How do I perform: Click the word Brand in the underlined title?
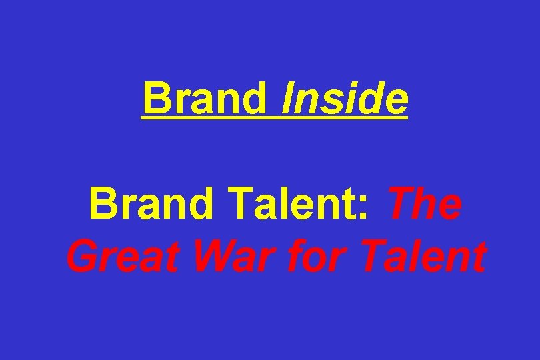click(204, 98)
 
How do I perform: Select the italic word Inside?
click(344, 98)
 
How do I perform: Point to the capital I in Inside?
click(287, 98)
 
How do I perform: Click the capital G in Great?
click(81, 257)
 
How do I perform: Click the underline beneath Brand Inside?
click(274, 118)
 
